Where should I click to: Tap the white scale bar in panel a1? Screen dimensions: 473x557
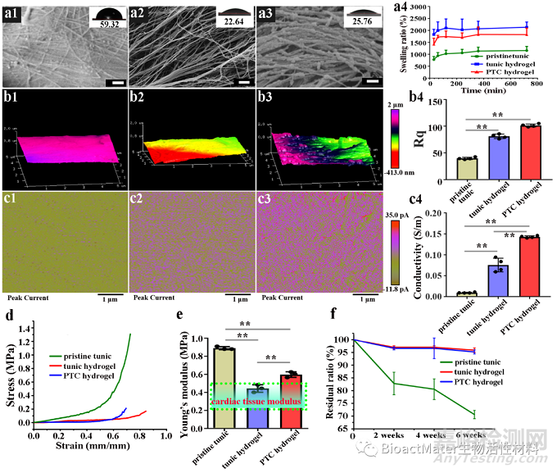pos(117,83)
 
